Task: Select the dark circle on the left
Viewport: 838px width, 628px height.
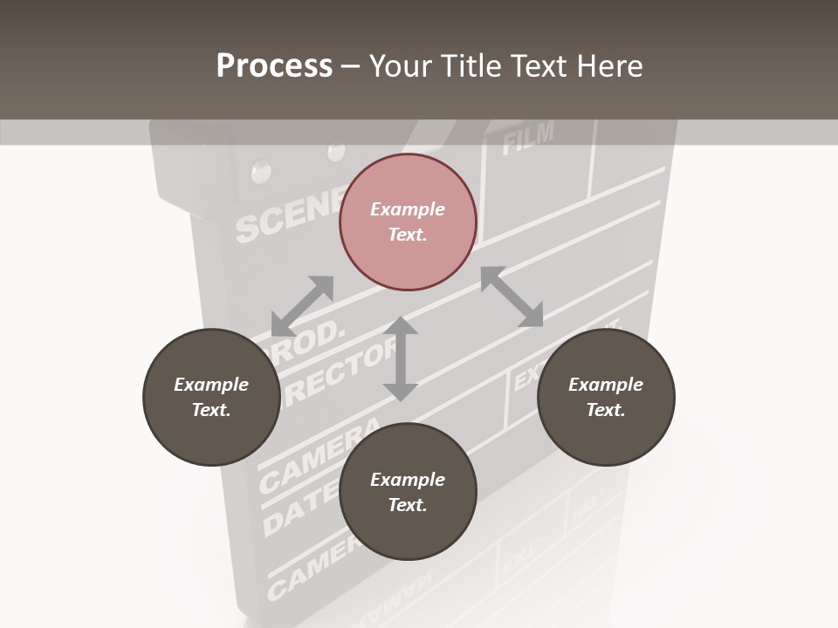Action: point(211,397)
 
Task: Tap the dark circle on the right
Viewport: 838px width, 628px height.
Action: point(606,397)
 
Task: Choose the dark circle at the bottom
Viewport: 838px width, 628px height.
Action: point(408,492)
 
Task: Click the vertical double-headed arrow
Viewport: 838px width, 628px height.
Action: point(401,358)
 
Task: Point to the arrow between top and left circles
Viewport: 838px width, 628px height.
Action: point(302,306)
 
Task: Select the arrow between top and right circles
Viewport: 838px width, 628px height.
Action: point(512,297)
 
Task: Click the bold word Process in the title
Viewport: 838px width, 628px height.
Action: point(274,65)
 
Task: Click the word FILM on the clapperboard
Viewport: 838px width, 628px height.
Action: point(528,137)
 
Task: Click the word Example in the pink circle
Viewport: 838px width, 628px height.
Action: point(408,209)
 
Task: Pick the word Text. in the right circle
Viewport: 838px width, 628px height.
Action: point(606,410)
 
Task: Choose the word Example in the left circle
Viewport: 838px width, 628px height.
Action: point(211,385)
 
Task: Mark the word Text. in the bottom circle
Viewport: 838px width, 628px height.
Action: point(408,505)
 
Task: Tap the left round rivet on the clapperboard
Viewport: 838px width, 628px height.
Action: point(259,172)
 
